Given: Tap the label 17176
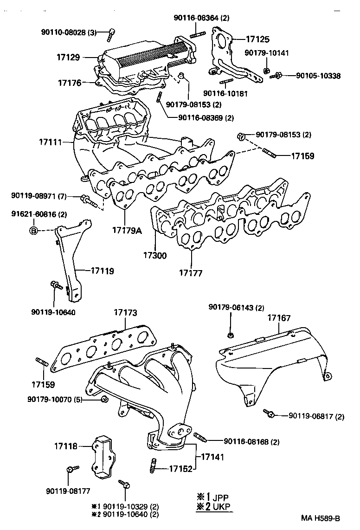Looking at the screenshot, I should coord(70,83).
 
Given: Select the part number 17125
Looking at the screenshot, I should coord(257,40).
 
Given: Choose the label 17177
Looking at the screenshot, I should coord(191,273).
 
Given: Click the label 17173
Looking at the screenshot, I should coord(126,313).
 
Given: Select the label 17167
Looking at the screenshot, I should coord(279,318).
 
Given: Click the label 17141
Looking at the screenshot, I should coord(212,457).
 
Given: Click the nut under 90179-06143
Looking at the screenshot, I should coord(231,335).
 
